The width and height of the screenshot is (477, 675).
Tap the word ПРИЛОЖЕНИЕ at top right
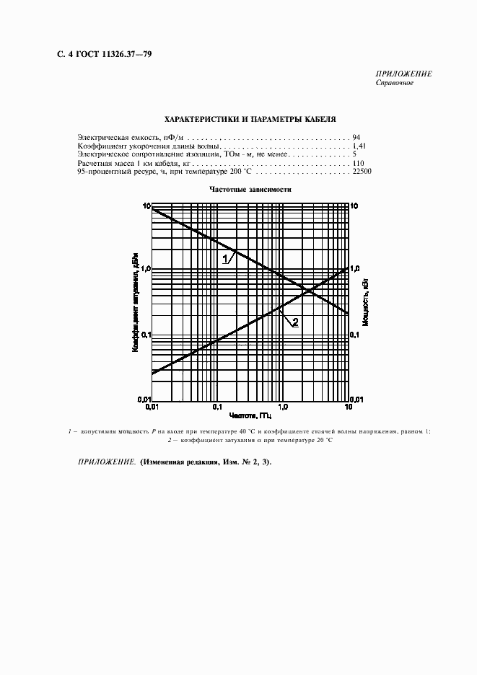coord(403,74)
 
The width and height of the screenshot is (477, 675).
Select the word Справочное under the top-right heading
coord(394,83)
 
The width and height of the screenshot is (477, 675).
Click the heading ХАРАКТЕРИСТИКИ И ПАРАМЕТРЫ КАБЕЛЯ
coord(250,120)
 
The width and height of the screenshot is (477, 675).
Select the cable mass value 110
coord(359,164)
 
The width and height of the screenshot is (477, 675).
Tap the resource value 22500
coord(362,173)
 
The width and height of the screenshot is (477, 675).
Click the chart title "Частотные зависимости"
coord(250,189)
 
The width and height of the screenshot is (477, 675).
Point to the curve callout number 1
coord(224,257)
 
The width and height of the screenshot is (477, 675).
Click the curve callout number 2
coord(295,322)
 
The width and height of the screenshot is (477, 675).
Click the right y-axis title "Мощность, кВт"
coord(366,303)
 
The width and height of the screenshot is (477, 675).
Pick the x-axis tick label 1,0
coord(283,407)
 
